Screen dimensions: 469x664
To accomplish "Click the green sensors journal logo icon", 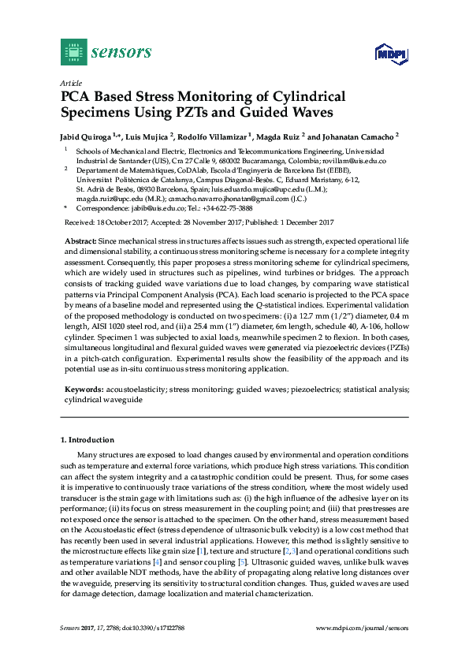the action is click(x=73, y=52).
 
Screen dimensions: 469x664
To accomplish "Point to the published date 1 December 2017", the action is click(x=300, y=222).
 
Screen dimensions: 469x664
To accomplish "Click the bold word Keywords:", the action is click(x=82, y=390).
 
